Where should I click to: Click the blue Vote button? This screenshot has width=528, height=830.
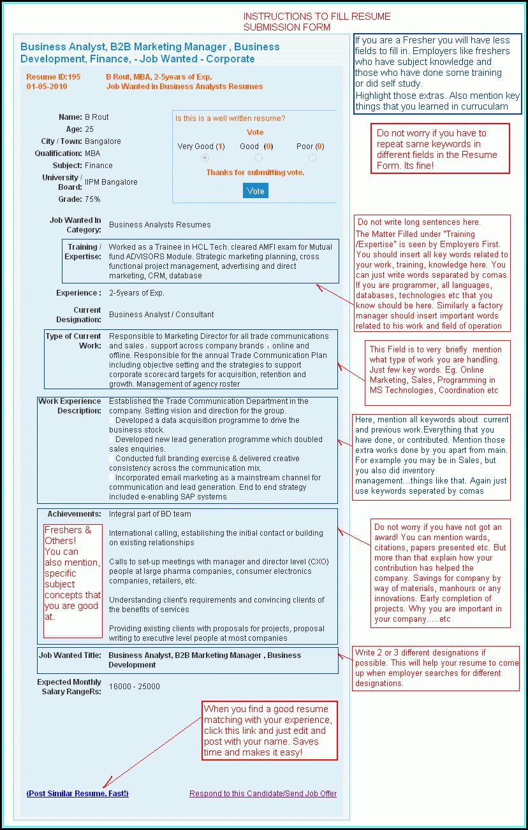pos(256,191)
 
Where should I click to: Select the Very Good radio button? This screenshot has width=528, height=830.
pos(205,158)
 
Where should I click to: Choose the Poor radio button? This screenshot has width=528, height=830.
pos(312,158)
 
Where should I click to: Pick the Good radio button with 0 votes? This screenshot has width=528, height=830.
pos(258,158)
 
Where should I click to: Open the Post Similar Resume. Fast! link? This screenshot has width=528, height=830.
pos(77,794)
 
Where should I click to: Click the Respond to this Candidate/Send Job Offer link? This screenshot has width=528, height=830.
pos(263,794)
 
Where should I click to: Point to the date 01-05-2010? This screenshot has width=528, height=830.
pos(47,87)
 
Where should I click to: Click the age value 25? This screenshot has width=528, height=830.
pos(89,129)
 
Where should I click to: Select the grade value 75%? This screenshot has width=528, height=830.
pos(92,199)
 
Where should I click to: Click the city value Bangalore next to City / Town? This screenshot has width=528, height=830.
pos(103,141)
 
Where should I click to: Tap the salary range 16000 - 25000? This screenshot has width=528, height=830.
pos(134,687)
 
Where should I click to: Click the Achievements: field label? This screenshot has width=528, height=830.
pos(74,514)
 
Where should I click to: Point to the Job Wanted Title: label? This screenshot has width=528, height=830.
pos(70,655)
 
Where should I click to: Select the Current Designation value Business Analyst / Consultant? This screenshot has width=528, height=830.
pos(161,315)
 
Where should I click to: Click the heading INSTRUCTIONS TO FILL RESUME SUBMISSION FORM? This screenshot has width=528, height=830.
pos(317,22)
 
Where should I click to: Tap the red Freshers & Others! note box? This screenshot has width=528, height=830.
pos(73,580)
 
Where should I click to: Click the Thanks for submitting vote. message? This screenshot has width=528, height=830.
pos(255,173)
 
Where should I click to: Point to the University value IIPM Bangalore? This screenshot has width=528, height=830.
pos(111,182)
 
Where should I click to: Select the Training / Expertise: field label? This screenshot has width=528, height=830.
pos(83,252)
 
